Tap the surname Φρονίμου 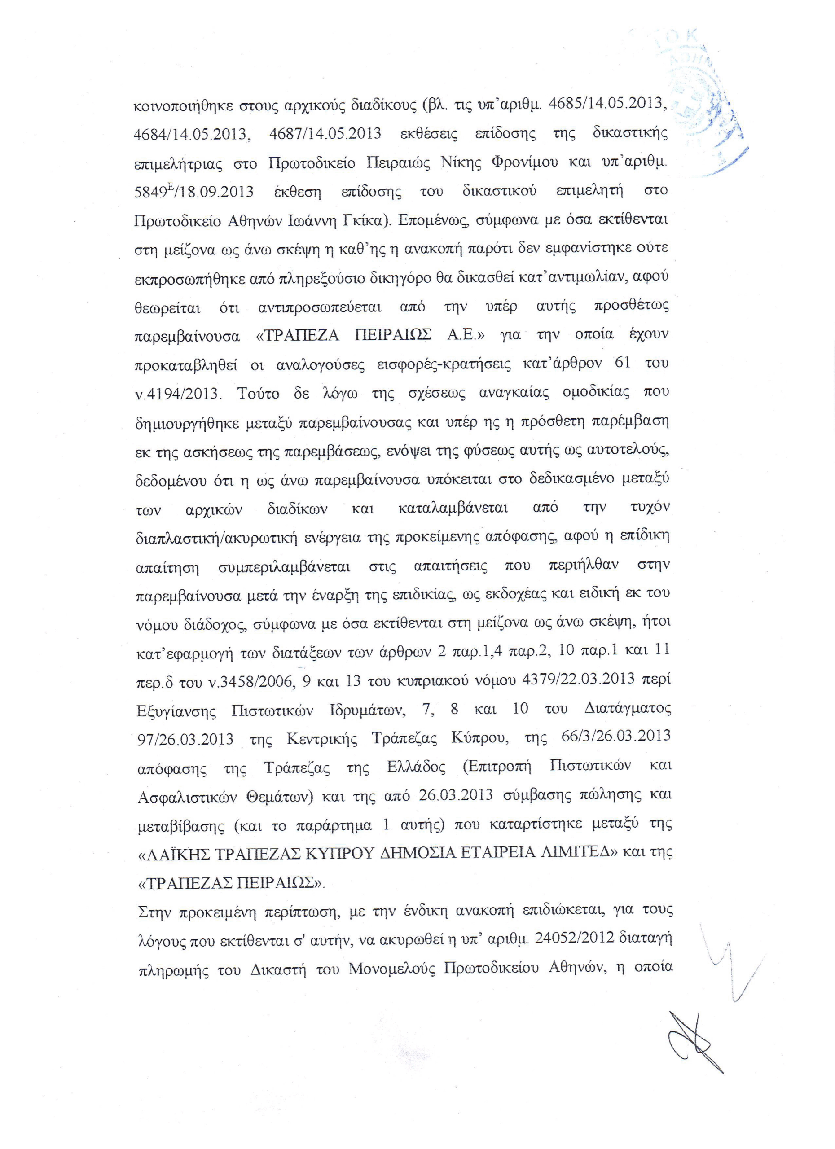coord(523,162)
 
